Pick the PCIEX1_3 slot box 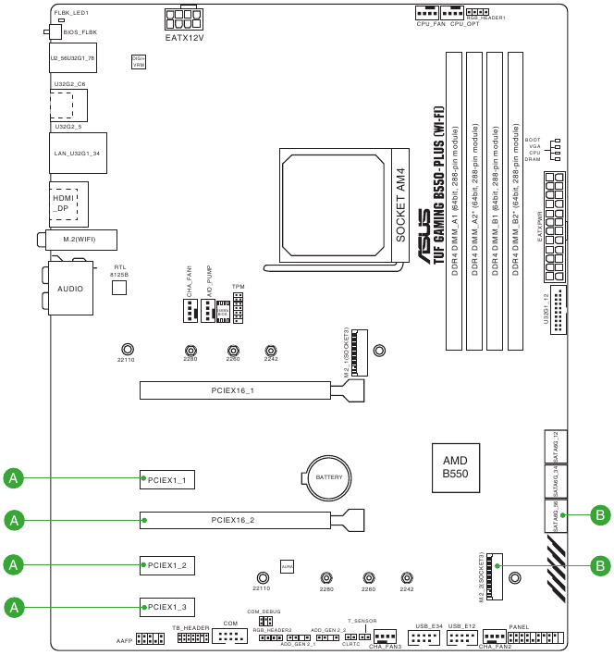click(167, 607)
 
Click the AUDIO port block click(70, 289)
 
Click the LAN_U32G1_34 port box click(77, 153)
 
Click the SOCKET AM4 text click(400, 205)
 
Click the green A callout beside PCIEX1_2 click(14, 563)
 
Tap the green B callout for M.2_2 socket click(600, 564)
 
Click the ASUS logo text click(424, 237)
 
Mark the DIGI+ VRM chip click(139, 61)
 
